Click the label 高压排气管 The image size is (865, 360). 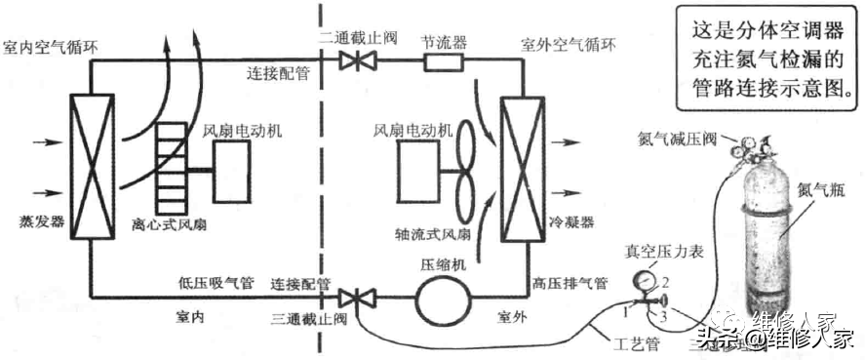[x=570, y=283]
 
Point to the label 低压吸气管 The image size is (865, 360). [x=216, y=283]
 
